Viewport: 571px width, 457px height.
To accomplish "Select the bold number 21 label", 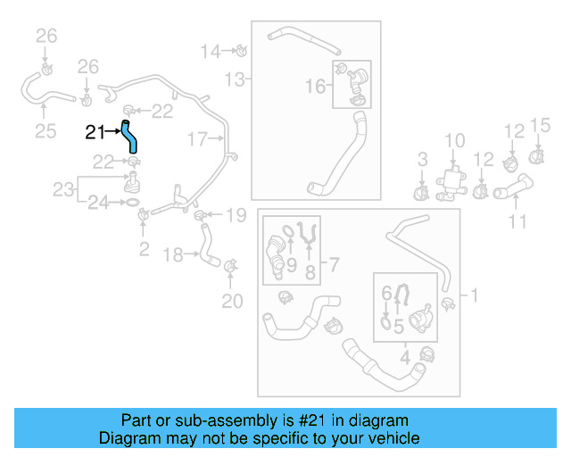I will [95, 133].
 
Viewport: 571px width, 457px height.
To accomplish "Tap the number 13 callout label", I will [234, 80].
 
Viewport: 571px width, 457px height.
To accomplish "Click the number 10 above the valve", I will [454, 140].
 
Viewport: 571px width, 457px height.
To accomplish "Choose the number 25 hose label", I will [45, 132].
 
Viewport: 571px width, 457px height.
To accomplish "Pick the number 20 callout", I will [231, 301].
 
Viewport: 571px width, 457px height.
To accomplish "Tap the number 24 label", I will [99, 204].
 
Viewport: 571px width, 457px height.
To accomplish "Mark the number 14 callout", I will [210, 51].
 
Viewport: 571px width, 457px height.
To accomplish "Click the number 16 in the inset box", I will [316, 86].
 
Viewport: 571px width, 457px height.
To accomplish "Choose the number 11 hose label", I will [517, 220].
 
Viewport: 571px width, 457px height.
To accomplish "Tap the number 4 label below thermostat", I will [406, 360].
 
